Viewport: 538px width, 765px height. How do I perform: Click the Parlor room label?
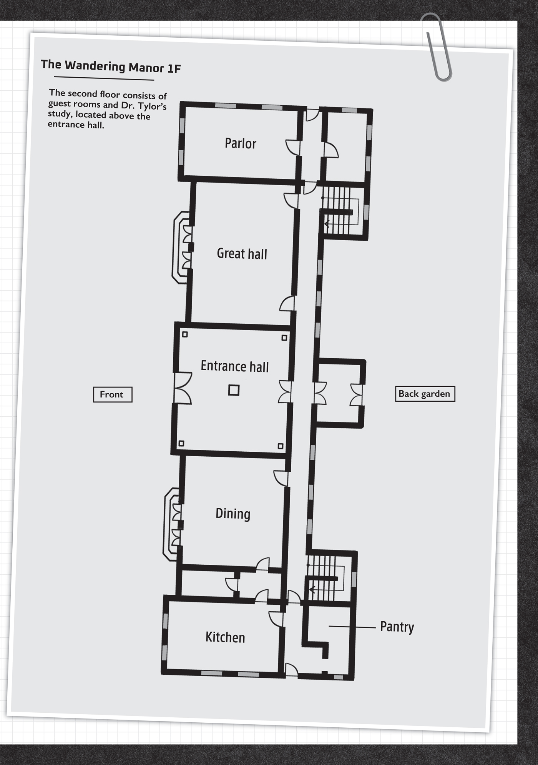pyautogui.click(x=240, y=143)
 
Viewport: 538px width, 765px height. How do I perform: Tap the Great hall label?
pyautogui.click(x=242, y=254)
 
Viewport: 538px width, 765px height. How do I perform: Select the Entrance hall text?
pyautogui.click(x=234, y=366)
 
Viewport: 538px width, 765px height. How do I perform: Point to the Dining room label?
pyautogui.click(x=233, y=514)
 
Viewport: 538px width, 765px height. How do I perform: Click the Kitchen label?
pyautogui.click(x=225, y=637)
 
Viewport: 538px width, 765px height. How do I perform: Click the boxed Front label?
pyautogui.click(x=112, y=394)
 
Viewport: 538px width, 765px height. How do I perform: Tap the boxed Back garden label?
pyautogui.click(x=425, y=394)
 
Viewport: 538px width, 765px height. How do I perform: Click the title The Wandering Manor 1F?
pyautogui.click(x=111, y=66)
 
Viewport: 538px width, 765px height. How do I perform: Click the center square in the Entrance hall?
pyautogui.click(x=234, y=390)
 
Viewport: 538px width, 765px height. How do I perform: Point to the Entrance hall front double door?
pyautogui.click(x=182, y=387)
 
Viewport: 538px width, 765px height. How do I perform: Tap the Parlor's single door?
pyautogui.click(x=293, y=147)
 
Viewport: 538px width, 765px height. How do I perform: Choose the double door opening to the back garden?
pyautogui.click(x=357, y=394)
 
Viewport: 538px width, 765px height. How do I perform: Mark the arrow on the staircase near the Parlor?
pyautogui.click(x=327, y=224)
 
